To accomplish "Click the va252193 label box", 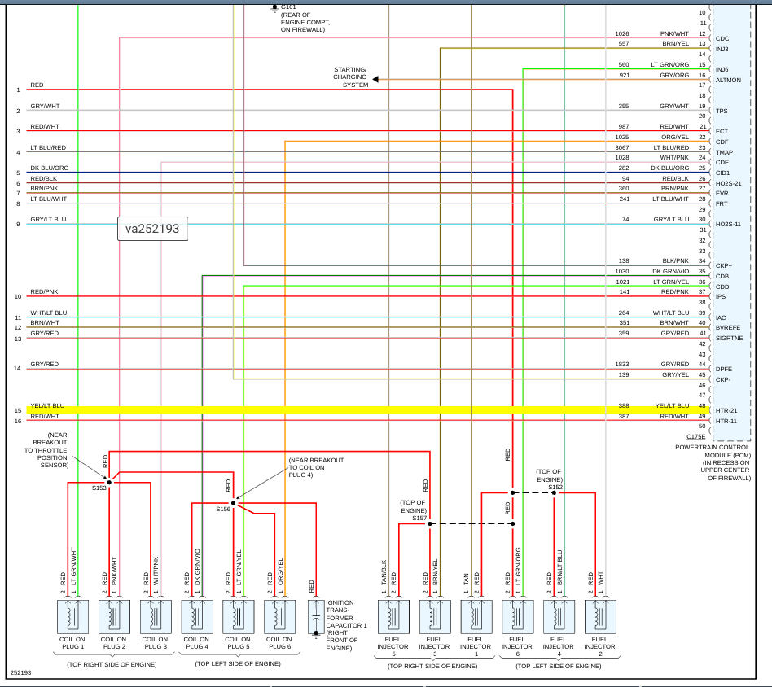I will click(152, 230).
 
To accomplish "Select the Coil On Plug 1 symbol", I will click(72, 616).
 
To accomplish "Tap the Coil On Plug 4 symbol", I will click(196, 616).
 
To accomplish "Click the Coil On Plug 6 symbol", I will click(279, 616).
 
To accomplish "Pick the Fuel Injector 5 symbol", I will click(393, 616).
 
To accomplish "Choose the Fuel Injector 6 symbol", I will click(517, 616).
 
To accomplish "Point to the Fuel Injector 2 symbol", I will click(599, 616).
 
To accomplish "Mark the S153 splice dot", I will click(108, 482).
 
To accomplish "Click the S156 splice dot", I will click(233, 503).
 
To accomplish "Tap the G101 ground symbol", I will click(274, 8).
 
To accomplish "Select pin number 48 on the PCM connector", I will click(702, 405).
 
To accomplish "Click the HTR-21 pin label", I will click(726, 410).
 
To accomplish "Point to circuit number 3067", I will click(622, 147).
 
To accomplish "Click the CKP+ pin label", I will click(723, 265).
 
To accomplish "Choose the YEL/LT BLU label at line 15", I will click(47, 405).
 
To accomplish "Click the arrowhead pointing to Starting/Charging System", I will click(376, 79).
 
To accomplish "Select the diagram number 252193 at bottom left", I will click(20, 673).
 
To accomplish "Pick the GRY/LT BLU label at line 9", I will click(48, 220).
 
